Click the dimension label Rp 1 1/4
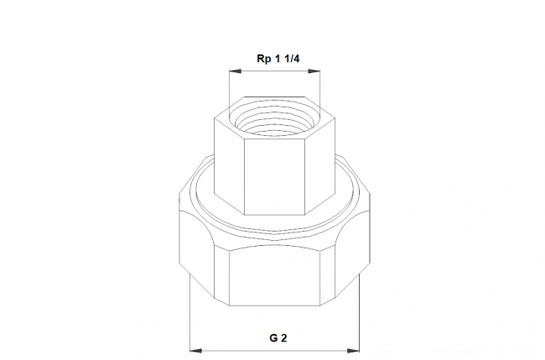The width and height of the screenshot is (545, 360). pyautogui.click(x=278, y=59)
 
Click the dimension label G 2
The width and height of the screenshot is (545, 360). pyautogui.click(x=278, y=337)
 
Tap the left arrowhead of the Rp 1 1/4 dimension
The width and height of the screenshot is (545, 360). pyautogui.click(x=235, y=71)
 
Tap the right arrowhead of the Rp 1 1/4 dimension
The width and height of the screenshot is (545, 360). pyautogui.click(x=314, y=71)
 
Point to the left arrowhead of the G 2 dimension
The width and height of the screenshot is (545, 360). pyautogui.click(x=196, y=351)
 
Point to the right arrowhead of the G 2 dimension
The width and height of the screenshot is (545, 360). pyautogui.click(x=353, y=351)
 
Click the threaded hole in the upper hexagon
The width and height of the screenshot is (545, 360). pyautogui.click(x=274, y=120)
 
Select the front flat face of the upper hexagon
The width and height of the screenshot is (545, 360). pyautogui.click(x=274, y=177)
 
